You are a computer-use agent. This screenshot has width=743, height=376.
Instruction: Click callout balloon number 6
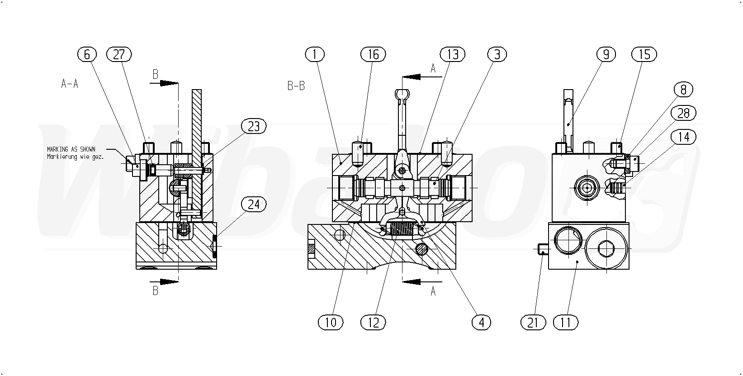pos(87,54)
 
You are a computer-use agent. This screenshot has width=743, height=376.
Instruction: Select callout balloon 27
pos(119,54)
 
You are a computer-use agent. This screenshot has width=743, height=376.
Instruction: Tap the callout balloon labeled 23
pos(254,126)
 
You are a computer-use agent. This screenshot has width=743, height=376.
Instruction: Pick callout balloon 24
pos(254,204)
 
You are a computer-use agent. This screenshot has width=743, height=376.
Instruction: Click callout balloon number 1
pos(315,54)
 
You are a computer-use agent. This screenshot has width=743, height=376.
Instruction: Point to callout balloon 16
pos(373,54)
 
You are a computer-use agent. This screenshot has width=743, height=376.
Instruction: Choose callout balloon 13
pos(453,54)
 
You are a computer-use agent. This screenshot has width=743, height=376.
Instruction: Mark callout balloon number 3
pos(497,54)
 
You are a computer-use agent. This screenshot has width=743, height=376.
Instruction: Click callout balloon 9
pos(606,54)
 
